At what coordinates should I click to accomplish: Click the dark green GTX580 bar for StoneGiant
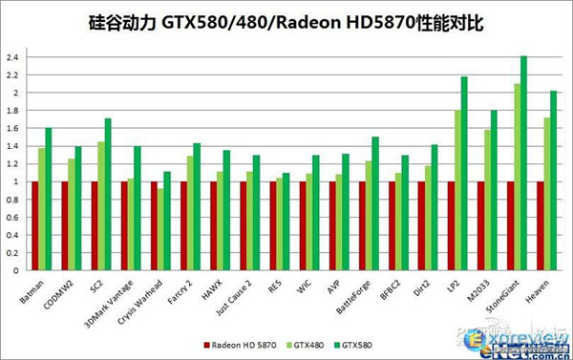(523, 162)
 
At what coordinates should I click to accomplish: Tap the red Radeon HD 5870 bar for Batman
(35, 225)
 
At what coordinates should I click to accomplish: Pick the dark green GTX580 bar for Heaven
(553, 180)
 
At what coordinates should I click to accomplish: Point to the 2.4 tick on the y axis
(12, 57)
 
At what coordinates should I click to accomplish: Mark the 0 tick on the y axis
(16, 270)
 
